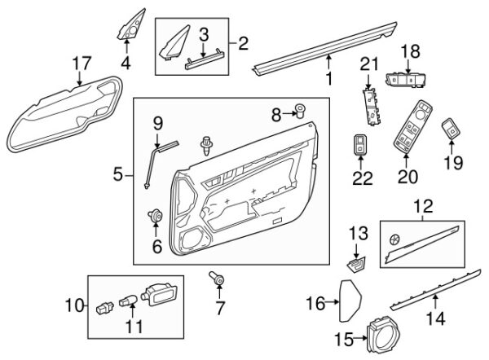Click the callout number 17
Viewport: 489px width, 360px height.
point(81,64)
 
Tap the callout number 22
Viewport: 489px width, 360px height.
point(363,178)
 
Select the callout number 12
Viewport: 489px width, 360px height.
point(424,206)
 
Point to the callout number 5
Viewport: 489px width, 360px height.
point(118,174)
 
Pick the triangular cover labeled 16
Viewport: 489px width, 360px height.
point(350,301)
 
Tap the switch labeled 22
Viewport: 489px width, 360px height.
point(360,144)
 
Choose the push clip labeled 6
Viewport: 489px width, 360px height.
point(156,216)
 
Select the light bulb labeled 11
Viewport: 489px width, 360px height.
point(129,301)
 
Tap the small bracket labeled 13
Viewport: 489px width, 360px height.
point(355,265)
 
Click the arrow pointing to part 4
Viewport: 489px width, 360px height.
point(126,46)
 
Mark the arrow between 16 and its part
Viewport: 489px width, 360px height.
point(333,301)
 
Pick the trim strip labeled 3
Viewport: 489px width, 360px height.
point(205,60)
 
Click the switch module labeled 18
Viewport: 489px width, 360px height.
point(407,80)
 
